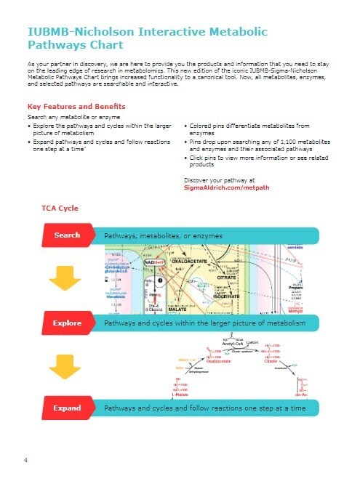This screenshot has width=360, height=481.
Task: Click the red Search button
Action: pos(66,235)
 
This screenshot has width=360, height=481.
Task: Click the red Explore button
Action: pos(67,322)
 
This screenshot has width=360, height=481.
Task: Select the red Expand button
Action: pos(67,408)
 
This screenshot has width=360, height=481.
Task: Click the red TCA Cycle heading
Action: pos(60,209)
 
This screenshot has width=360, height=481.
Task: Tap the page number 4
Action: pos(25,461)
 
